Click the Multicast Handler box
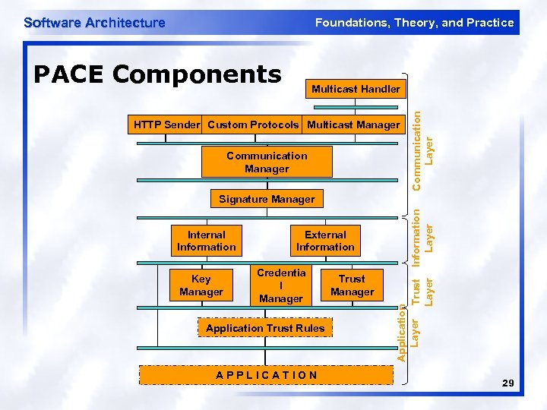coord(356,89)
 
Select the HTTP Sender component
coord(166,125)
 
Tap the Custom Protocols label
coord(253,125)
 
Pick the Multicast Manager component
coord(353,125)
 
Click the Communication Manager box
coord(267,162)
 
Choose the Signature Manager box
coord(267,199)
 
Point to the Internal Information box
coord(207,241)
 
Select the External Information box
coord(325,241)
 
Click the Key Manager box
coord(201,285)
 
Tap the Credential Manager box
coord(281,285)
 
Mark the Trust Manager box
coord(352,285)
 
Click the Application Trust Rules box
coord(265,328)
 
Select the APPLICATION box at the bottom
coord(267,374)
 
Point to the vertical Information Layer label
coord(422,235)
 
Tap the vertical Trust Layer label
coord(422,291)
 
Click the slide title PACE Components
coord(158,74)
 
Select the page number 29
coord(508,386)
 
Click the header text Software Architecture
coord(94,22)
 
